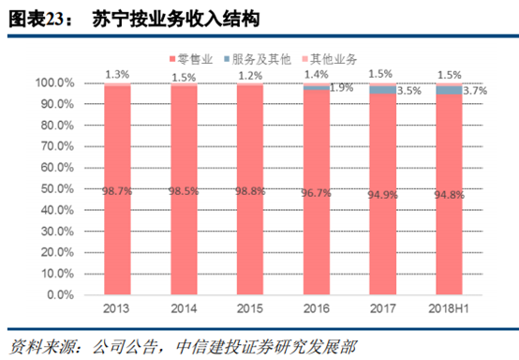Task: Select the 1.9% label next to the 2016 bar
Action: tap(342, 87)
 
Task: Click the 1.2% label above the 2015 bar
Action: tap(250, 74)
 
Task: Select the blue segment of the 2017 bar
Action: tap(384, 90)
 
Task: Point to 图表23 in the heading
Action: tap(37, 18)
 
